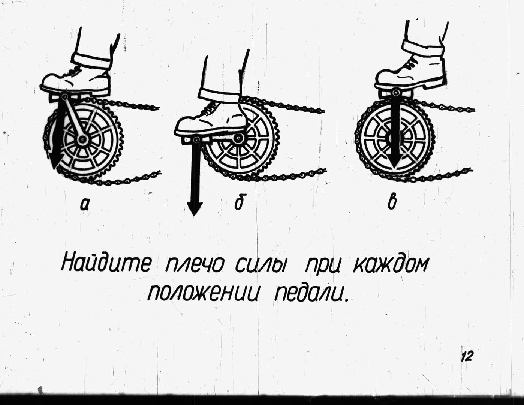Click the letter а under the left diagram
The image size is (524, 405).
point(84,205)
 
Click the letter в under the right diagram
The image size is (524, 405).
point(392,202)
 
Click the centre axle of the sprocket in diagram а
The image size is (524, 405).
point(82,139)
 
